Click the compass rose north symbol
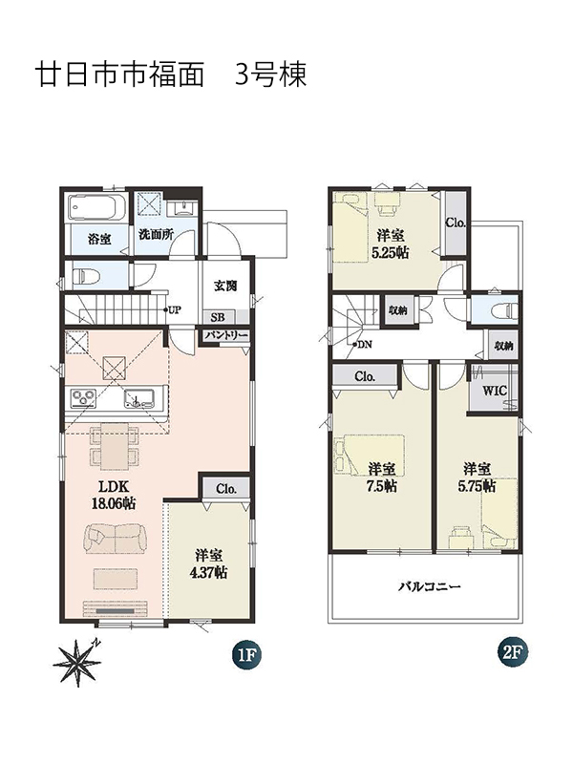(x=78, y=663)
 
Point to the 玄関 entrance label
(x=225, y=285)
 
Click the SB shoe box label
(x=218, y=317)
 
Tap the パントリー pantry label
(x=225, y=336)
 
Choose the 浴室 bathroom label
(x=99, y=239)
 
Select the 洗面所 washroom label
(x=156, y=234)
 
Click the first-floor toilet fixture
(x=86, y=276)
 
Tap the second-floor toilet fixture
(x=504, y=309)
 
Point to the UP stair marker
(x=172, y=309)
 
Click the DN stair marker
(x=362, y=345)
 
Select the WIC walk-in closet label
(x=495, y=391)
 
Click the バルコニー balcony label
(x=429, y=586)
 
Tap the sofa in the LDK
(x=116, y=539)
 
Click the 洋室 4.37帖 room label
(x=208, y=563)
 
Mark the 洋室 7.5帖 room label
(x=381, y=477)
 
